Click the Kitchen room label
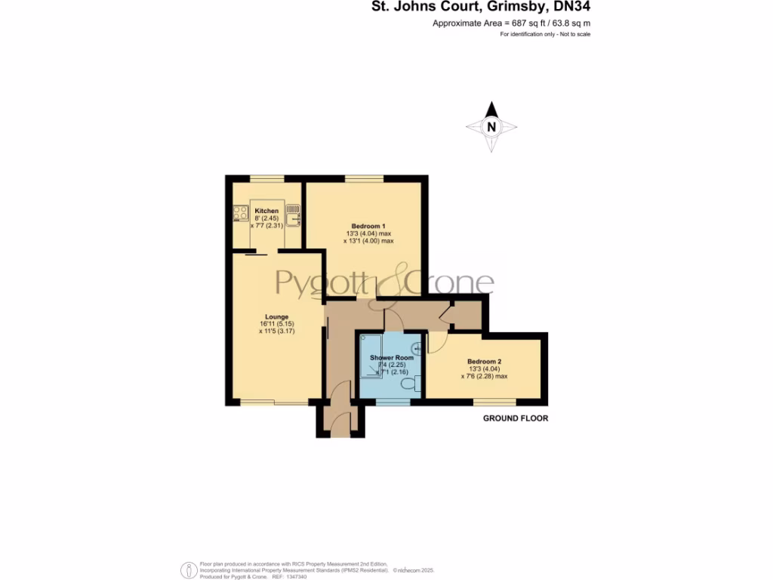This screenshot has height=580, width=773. pos(266,211)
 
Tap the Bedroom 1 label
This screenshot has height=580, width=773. pos(368,227)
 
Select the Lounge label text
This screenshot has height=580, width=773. pos(276,316)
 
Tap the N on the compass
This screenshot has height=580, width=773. pos(491,127)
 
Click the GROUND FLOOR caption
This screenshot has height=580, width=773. pos(516,418)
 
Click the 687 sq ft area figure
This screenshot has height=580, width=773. pos(508,23)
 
